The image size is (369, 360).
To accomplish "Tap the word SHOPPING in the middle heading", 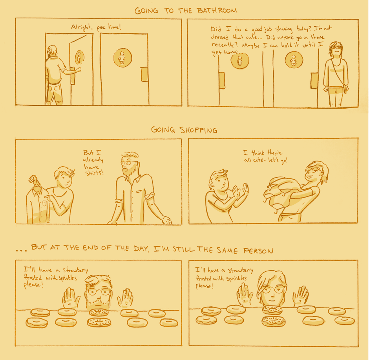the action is click(x=198, y=130).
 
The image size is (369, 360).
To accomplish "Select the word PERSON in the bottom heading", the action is click(x=258, y=251).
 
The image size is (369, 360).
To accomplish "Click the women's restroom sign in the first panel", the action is click(x=122, y=58).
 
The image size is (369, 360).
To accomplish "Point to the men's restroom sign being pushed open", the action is click(x=79, y=57).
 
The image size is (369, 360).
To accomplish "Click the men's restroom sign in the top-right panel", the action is click(x=239, y=61).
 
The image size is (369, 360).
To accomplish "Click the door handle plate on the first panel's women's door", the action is click(x=144, y=74).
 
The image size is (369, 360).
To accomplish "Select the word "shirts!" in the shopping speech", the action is click(x=94, y=173).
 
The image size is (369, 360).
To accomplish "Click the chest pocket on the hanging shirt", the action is click(x=44, y=204).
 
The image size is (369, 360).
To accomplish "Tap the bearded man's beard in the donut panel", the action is click(x=98, y=303).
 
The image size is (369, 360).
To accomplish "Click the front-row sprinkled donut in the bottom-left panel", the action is click(x=99, y=322).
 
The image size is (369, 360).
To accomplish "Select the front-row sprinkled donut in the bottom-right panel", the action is click(x=274, y=321).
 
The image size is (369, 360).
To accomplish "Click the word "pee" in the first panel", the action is click(x=101, y=28).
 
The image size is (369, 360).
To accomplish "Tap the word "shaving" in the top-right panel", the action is click(x=283, y=29).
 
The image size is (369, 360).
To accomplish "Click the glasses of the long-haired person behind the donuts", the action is click(x=272, y=289).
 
